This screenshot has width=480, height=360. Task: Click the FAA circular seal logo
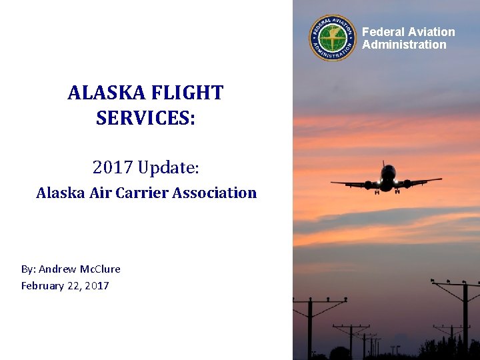click(x=333, y=38)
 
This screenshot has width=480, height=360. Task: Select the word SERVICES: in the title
click(x=145, y=119)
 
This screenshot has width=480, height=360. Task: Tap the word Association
click(x=215, y=193)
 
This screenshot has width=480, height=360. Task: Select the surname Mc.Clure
click(x=100, y=269)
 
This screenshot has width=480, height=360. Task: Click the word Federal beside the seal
click(x=383, y=32)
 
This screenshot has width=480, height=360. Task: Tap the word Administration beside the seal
click(x=404, y=45)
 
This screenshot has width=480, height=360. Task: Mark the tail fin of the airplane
click(x=385, y=164)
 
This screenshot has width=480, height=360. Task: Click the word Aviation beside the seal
click(x=431, y=32)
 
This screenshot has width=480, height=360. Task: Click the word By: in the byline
click(x=28, y=269)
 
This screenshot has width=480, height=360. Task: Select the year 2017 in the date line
click(x=97, y=286)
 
